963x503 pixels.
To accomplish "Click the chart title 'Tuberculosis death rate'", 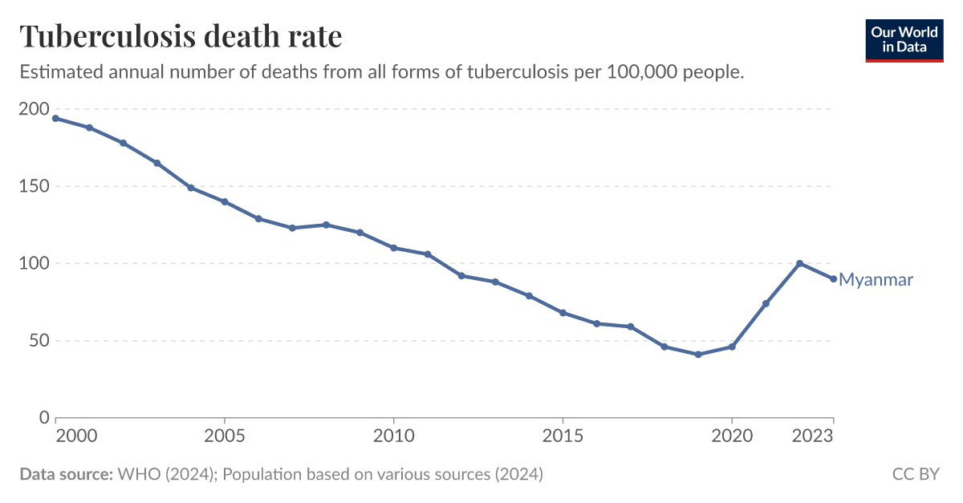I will click(x=181, y=37).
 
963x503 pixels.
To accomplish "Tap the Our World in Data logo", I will click(x=904, y=39).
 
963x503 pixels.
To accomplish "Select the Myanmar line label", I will click(x=876, y=280).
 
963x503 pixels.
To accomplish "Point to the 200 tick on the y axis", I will click(x=34, y=110).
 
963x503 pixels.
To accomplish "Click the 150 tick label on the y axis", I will click(x=34, y=186).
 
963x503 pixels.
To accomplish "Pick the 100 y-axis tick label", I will click(x=34, y=263).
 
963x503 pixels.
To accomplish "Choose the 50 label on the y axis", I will click(x=38, y=340).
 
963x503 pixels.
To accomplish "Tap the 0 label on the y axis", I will click(x=43, y=417).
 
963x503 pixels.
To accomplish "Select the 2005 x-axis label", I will click(x=225, y=436).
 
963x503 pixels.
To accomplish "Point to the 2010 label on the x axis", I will click(x=393, y=436).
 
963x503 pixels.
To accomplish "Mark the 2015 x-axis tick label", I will click(x=563, y=436).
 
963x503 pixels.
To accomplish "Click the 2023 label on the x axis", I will click(x=812, y=436).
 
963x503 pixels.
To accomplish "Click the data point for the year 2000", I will click(x=55, y=119).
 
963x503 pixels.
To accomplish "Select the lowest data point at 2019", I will click(x=698, y=355).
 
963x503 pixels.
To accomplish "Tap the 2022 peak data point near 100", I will click(x=799, y=263).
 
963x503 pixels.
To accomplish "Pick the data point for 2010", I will click(x=393, y=248).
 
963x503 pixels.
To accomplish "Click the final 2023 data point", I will click(x=833, y=279).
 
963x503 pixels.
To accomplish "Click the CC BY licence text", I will click(x=916, y=474).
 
